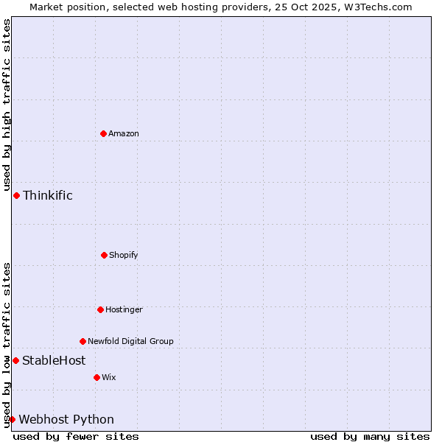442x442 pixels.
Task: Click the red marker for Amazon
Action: click(x=103, y=133)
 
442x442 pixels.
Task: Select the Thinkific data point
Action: click(x=16, y=195)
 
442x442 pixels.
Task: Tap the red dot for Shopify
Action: click(x=104, y=255)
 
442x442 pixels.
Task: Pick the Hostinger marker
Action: click(x=100, y=309)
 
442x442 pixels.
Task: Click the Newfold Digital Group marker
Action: click(x=83, y=341)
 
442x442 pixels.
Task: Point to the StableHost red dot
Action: click(x=15, y=360)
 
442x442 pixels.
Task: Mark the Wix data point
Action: click(x=97, y=377)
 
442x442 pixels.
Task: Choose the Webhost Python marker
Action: click(x=12, y=419)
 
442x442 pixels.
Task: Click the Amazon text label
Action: click(x=124, y=133)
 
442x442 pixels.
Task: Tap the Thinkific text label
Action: click(x=48, y=195)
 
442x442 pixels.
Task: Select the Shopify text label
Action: click(x=124, y=255)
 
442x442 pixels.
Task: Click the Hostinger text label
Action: click(x=124, y=309)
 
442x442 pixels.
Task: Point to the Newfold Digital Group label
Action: click(x=131, y=341)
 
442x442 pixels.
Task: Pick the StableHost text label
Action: click(x=54, y=360)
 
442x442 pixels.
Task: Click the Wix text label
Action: click(x=109, y=377)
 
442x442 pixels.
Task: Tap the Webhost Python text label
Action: click(x=66, y=419)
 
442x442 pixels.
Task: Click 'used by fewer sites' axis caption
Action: click(x=76, y=436)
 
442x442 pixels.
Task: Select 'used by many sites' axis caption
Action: click(x=370, y=436)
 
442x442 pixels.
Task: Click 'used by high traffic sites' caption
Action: click(x=7, y=105)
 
